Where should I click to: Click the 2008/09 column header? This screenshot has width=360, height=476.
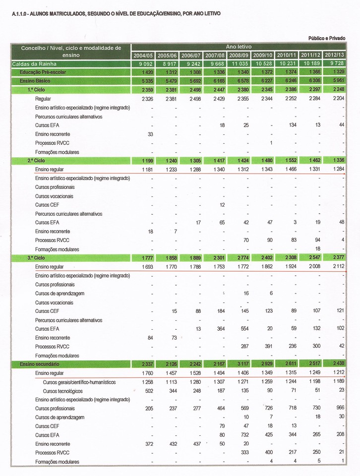[x=240, y=55]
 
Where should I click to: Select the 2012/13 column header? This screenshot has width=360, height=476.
[x=335, y=55]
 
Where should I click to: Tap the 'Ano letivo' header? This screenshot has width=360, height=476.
[x=239, y=47]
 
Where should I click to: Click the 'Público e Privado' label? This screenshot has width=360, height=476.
[x=327, y=38]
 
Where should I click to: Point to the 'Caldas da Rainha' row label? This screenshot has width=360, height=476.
[x=34, y=64]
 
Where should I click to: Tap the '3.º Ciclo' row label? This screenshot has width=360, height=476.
[x=36, y=258]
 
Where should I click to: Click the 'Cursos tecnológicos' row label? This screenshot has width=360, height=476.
[x=62, y=391]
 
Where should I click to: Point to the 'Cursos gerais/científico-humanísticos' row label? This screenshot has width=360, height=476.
[x=79, y=382]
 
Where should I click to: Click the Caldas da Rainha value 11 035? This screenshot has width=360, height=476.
[x=240, y=64]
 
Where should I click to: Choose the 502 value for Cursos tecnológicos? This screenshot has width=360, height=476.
[x=148, y=391]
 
